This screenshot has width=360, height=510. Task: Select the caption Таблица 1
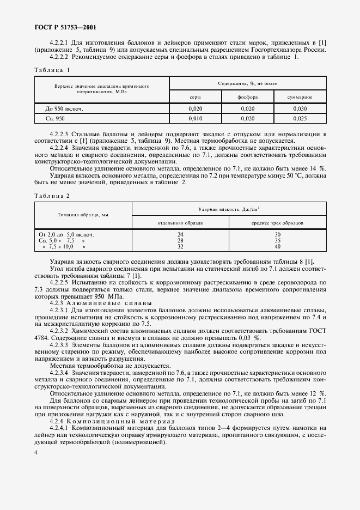click(52, 70)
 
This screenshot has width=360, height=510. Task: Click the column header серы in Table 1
click(195, 97)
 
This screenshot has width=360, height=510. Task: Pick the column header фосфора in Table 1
click(247, 97)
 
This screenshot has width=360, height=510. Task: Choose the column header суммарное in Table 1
click(300, 97)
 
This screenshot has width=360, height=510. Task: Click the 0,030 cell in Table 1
click(300, 108)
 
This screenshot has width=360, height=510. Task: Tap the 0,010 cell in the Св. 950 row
click(195, 118)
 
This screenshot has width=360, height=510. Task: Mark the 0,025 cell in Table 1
click(300, 118)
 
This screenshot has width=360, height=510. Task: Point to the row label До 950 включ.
click(62, 108)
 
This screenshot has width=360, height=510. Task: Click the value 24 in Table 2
click(180, 234)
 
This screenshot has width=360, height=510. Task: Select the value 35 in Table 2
click(277, 240)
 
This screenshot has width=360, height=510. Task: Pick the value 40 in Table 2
click(277, 246)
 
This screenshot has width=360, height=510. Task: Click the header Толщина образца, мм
click(83, 215)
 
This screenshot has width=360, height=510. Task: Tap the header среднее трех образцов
click(277, 223)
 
